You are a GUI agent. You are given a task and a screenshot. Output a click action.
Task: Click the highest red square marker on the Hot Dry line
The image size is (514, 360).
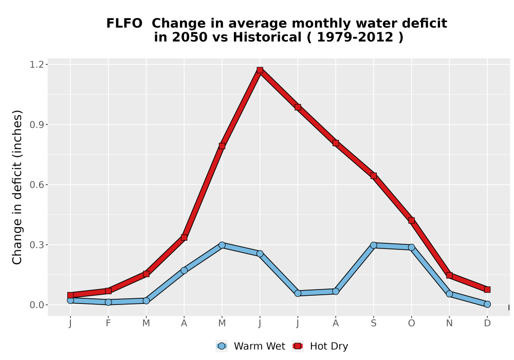click(x=260, y=70)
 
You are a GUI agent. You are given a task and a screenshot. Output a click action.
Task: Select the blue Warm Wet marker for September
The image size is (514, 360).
click(x=373, y=245)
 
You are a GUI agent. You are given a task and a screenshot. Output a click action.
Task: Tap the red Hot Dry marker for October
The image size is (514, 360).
click(x=411, y=220)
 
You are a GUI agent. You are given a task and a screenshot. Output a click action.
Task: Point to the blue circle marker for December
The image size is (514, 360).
click(x=487, y=304)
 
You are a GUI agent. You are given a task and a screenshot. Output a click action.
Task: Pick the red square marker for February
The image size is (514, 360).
click(x=108, y=291)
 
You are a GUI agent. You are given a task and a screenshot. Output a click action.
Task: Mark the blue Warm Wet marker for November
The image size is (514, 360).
click(x=449, y=294)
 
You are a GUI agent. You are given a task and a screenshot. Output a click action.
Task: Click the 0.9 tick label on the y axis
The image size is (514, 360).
click(x=36, y=124)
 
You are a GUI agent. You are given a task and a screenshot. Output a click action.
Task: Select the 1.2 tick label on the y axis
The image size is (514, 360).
click(x=36, y=65)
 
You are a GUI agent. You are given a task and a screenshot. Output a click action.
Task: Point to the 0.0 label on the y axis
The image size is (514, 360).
click(x=36, y=305)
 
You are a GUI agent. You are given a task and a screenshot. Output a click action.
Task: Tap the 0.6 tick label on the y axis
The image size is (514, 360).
click(x=36, y=185)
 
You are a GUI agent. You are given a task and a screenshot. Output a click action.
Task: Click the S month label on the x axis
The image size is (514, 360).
click(x=373, y=323)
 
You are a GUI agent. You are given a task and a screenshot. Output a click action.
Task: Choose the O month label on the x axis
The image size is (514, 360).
click(x=411, y=323)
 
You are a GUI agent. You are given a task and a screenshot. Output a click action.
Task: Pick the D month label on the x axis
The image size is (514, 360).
click(x=487, y=323)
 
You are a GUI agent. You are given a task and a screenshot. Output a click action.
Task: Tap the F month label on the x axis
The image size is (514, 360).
click(x=108, y=323)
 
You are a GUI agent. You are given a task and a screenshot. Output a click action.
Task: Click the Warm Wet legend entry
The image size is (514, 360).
click(x=251, y=346)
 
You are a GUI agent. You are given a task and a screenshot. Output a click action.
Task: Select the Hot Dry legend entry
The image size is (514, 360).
click(x=320, y=346)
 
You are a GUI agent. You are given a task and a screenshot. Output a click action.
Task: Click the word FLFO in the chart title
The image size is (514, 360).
click(x=124, y=23)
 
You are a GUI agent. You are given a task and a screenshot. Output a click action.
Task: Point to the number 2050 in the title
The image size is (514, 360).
click(x=190, y=37)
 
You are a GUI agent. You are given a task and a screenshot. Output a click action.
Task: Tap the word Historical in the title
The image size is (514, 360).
click(x=267, y=37)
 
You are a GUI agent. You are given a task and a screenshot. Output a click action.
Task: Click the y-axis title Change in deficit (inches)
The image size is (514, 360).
click(x=17, y=187)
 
